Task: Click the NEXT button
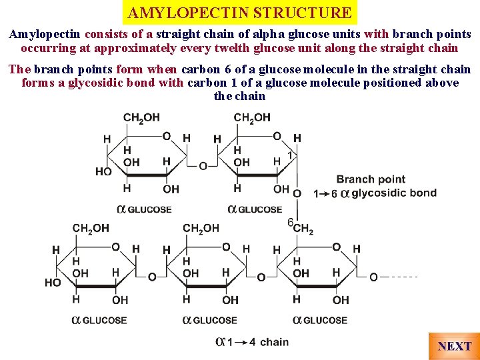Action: coord(455,346)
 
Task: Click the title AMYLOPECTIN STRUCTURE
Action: coord(240,13)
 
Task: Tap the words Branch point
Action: coord(371,179)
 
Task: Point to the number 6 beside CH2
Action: coord(290,222)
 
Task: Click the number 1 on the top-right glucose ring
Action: coord(290,155)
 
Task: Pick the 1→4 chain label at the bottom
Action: coord(253,342)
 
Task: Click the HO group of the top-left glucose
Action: coord(103,171)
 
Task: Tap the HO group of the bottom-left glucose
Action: coord(53,282)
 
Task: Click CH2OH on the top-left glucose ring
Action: coord(141,117)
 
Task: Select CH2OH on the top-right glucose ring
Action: coord(252,117)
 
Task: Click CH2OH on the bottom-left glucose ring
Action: coord(91,228)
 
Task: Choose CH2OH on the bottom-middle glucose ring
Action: coord(201,228)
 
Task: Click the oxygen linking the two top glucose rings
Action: coord(203,165)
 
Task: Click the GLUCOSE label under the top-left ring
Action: coord(149,209)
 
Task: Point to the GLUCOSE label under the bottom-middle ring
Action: coord(215,320)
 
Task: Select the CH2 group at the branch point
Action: coord(303,229)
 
